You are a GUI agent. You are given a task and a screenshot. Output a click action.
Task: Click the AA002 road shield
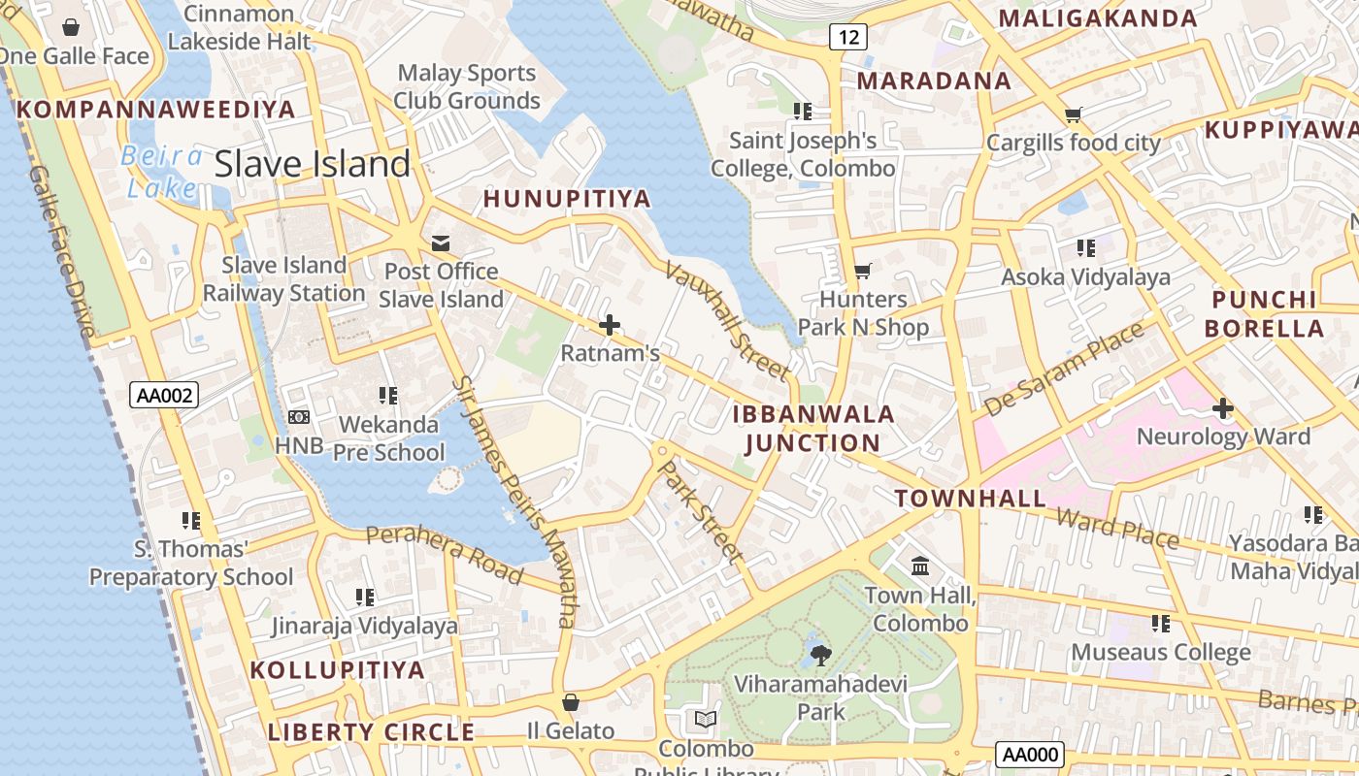[x=164, y=395]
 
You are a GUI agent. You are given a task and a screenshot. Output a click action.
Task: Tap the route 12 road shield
[x=847, y=37]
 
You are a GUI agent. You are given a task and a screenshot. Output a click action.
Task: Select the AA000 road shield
[x=1029, y=755]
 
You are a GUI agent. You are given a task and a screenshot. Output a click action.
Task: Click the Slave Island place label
[x=313, y=164]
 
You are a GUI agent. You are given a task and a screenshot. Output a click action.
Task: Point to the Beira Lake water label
[x=162, y=172]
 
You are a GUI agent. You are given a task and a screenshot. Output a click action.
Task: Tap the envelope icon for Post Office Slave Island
[x=441, y=242]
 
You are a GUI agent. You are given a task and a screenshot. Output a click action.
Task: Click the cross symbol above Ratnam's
[x=610, y=325]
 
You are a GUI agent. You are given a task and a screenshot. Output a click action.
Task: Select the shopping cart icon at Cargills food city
[x=1073, y=115]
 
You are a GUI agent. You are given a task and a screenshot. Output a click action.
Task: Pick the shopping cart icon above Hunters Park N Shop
[x=862, y=271]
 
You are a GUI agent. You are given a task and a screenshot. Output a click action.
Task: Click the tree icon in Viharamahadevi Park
[x=821, y=655]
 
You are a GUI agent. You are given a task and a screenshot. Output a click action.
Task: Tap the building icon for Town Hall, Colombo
[x=920, y=565]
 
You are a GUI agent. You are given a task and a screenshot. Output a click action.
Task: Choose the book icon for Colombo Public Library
[x=706, y=720]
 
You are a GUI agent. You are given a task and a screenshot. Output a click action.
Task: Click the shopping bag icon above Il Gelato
[x=571, y=702]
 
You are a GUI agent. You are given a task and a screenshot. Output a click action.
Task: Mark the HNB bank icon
[x=298, y=417]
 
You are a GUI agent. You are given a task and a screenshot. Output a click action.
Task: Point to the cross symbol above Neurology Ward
[x=1223, y=408]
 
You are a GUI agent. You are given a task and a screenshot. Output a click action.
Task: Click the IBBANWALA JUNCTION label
[x=813, y=429]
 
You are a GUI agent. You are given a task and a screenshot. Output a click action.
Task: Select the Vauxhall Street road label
[x=727, y=320]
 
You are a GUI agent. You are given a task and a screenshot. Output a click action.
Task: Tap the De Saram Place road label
[x=1064, y=369]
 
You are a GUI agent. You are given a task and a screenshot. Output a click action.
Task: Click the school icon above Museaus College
[x=1160, y=624]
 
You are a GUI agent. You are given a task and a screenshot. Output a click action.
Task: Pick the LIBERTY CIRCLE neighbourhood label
[x=371, y=732]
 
